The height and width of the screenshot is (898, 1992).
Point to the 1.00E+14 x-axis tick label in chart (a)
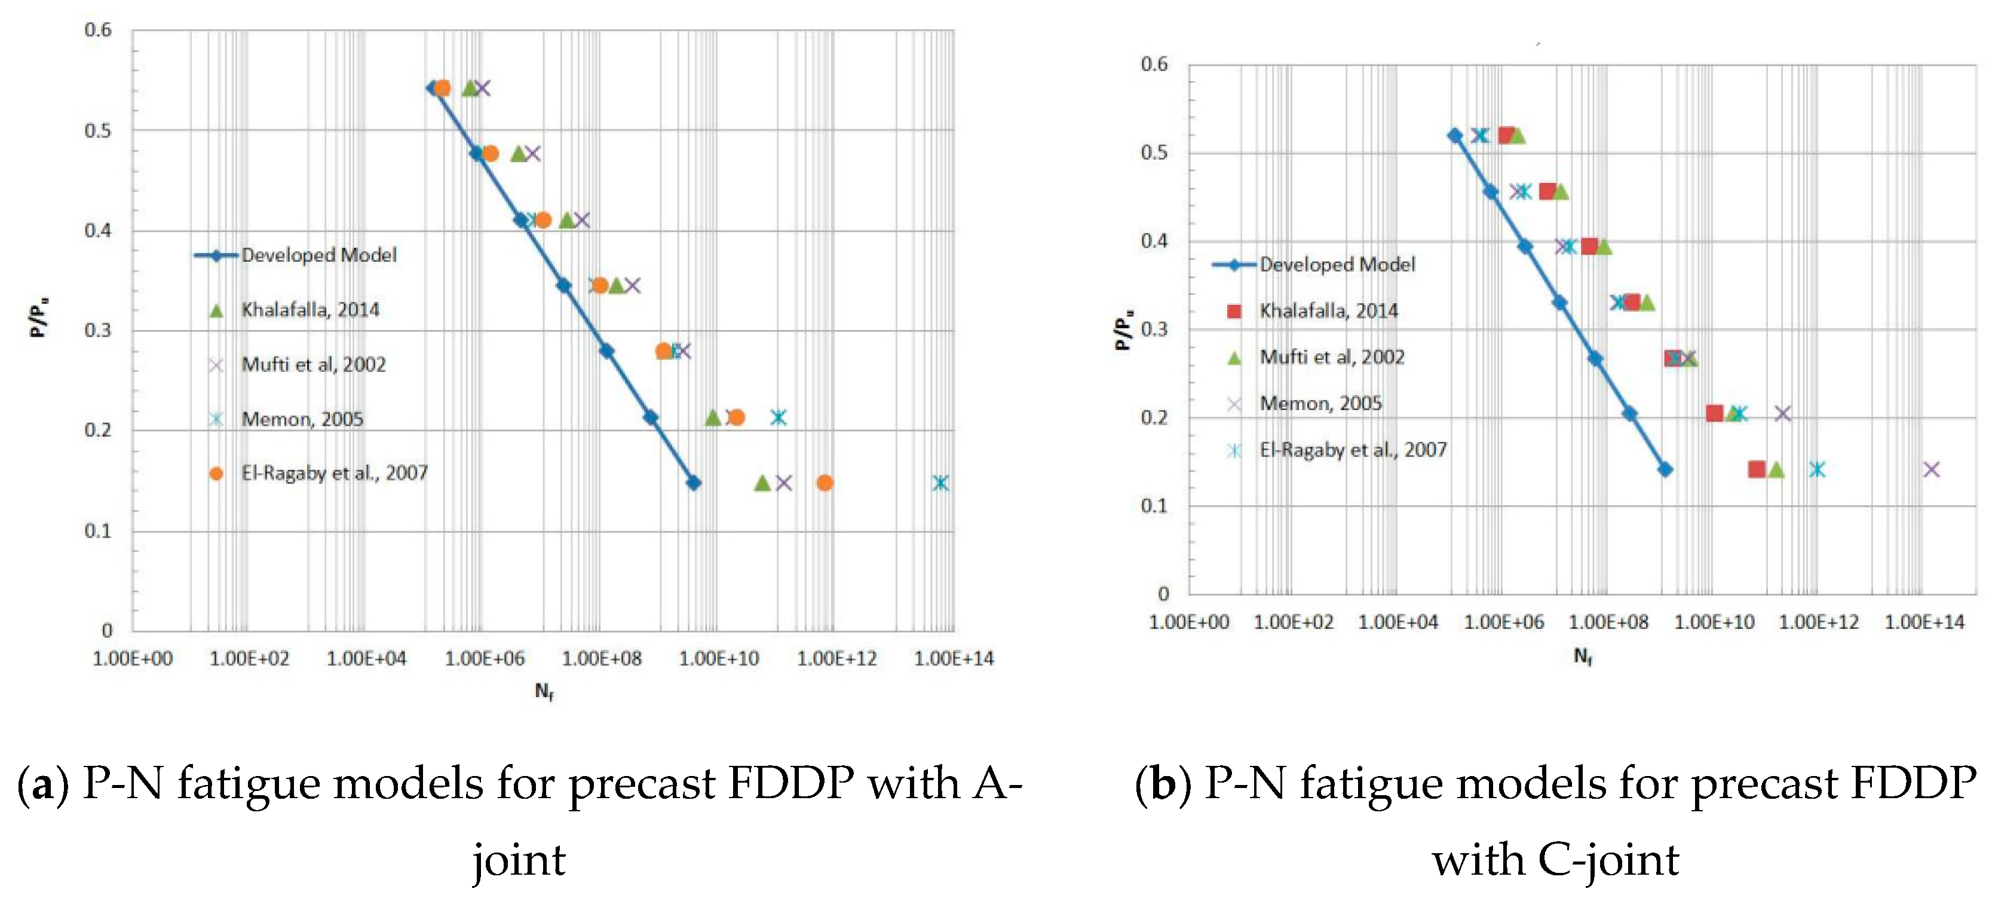tap(953, 658)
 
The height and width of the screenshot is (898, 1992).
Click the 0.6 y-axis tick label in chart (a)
tap(98, 30)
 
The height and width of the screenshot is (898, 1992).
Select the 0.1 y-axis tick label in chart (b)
tap(1154, 505)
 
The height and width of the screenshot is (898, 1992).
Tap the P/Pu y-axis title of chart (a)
tap(39, 317)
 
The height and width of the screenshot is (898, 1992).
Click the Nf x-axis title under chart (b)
tap(1582, 656)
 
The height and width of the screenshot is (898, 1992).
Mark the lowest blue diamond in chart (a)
tap(694, 482)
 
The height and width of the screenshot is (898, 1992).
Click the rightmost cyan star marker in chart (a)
tap(940, 482)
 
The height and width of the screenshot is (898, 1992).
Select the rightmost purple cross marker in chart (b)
tap(1931, 469)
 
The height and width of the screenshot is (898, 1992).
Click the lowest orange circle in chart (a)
tap(825, 482)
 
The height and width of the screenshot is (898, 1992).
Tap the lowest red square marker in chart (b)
tap(1756, 469)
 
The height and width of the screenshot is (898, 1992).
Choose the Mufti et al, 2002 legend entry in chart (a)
tap(312, 364)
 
